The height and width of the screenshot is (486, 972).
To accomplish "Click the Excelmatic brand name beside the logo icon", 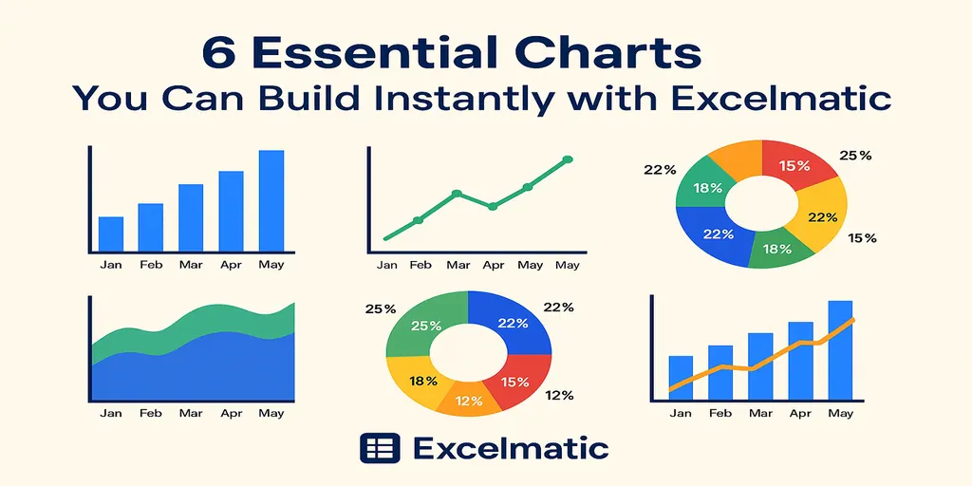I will point(513,448).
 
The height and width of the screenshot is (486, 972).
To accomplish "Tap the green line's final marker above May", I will point(568,159).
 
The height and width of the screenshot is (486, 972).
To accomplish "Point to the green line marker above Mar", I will point(457,194).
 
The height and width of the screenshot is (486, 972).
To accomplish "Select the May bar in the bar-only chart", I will point(271,200).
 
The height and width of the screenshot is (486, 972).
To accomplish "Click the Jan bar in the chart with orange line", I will point(681,376).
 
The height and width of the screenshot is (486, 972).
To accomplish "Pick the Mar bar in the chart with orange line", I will point(760,364).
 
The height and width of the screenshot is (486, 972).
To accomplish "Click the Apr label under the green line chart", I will point(494,265).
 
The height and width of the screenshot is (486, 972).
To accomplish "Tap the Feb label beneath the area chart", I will point(151,413).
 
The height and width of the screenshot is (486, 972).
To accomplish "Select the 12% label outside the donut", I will point(560,395).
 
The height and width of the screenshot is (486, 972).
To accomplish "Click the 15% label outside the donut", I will point(862,237).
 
